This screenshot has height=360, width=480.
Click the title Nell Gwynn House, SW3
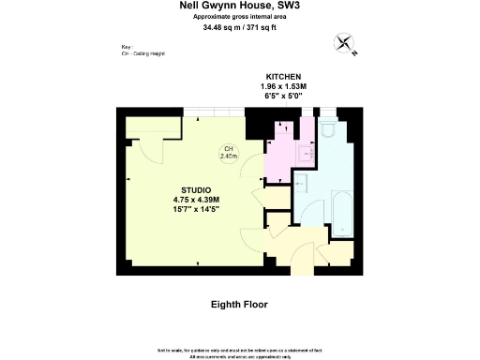[x=240, y=6]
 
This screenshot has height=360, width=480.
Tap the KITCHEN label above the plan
[x=282, y=76]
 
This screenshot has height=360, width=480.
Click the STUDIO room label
[x=195, y=190]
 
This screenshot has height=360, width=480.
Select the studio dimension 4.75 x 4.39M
[x=195, y=200]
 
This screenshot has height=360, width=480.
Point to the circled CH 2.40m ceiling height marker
[x=228, y=153]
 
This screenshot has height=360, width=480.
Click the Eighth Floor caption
[x=240, y=305]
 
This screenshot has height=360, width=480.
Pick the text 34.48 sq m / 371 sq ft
[x=240, y=27]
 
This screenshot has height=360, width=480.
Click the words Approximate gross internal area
[x=240, y=17]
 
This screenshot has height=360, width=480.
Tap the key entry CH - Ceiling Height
[x=142, y=53]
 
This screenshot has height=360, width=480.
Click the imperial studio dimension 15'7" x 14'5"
[x=195, y=210]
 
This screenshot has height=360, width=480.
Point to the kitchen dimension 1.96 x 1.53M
[x=282, y=86]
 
